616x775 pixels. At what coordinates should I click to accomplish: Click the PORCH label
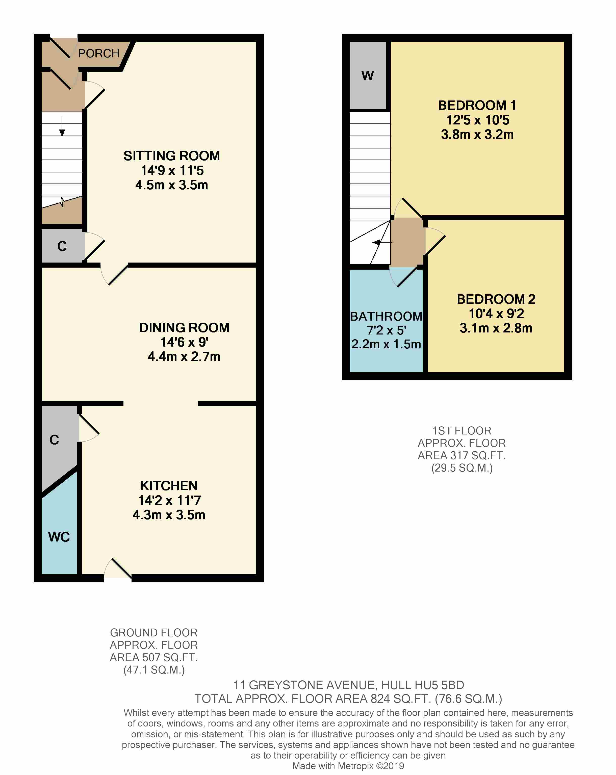(99, 54)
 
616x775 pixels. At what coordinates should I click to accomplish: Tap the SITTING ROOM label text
(172, 156)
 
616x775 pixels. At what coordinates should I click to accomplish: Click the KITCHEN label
(169, 486)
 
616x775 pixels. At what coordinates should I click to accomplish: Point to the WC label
(59, 537)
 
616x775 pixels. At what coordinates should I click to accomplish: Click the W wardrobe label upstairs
(368, 76)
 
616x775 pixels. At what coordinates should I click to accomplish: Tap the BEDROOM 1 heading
(477, 105)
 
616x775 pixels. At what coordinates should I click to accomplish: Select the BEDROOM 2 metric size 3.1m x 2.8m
(496, 328)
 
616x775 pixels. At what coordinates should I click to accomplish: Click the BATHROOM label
(386, 316)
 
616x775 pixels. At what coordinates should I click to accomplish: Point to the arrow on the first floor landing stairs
(382, 243)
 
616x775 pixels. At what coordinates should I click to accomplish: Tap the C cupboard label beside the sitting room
(62, 246)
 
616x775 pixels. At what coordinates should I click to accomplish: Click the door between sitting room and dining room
(114, 275)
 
